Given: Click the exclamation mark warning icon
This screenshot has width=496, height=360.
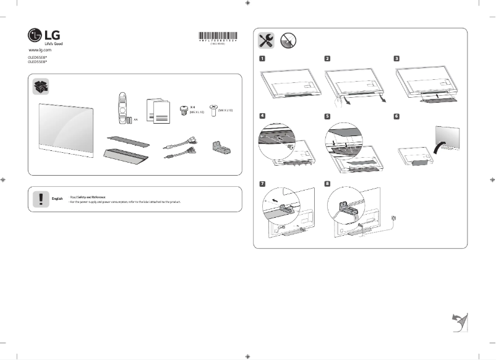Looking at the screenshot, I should (x=41, y=199).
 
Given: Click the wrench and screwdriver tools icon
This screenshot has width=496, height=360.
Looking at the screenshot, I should (x=267, y=40).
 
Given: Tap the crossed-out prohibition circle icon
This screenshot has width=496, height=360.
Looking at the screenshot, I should (x=288, y=40).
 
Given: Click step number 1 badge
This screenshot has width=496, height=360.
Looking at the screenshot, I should (x=262, y=59).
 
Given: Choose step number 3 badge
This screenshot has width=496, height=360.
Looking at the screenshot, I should (x=396, y=59).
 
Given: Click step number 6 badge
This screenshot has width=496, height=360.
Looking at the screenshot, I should (x=396, y=116).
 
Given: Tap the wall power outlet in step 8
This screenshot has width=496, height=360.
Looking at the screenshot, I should (x=394, y=218).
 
